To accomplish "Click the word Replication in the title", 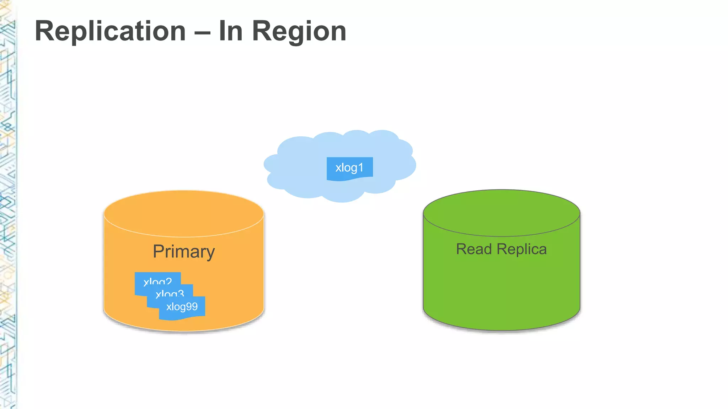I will (111, 31).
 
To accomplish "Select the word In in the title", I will (231, 31).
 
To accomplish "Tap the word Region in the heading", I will (299, 31).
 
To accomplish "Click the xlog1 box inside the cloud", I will (349, 168).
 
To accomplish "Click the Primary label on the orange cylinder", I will (184, 252).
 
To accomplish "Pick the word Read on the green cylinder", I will (474, 249).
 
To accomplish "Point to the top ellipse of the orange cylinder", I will (184, 213).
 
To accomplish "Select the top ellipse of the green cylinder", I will (501, 212).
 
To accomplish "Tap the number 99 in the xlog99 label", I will (192, 306).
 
